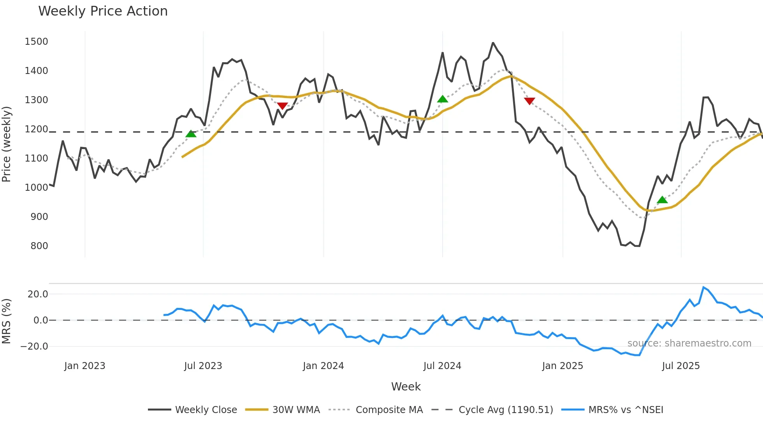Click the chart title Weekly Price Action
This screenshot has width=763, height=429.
click(x=103, y=11)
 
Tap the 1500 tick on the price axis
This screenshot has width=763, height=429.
click(x=36, y=42)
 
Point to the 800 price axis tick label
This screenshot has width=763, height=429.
click(x=39, y=246)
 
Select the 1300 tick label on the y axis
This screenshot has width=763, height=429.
click(x=36, y=100)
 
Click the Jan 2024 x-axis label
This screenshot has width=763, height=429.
click(x=323, y=366)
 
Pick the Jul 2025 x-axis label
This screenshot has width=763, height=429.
click(x=680, y=366)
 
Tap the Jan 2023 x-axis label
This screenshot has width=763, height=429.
click(x=84, y=366)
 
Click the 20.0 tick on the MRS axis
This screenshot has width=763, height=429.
click(x=38, y=294)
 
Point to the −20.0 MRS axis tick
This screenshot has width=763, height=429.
click(x=34, y=346)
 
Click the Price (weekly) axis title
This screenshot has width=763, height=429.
click(x=7, y=144)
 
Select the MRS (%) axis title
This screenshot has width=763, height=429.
click(x=7, y=321)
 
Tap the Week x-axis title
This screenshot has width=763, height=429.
click(x=406, y=387)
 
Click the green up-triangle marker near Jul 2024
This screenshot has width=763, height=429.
click(x=442, y=99)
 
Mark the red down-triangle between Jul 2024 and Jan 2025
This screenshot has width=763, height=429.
click(x=529, y=101)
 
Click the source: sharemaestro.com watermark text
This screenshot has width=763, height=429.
click(x=689, y=343)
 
